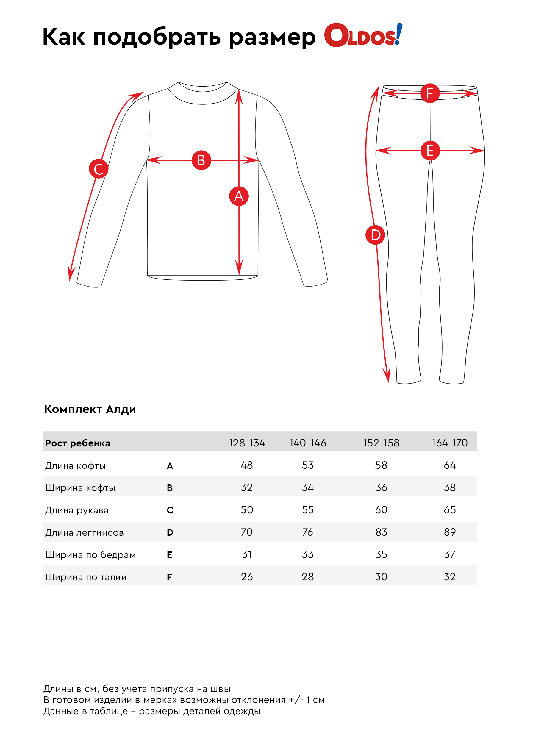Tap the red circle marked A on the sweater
tap(238, 196)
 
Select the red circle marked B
tap(201, 160)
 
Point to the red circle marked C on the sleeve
tap(99, 169)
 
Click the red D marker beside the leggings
tap(375, 235)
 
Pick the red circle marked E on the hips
tap(430, 150)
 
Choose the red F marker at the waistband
tap(429, 93)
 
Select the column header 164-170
tap(449, 443)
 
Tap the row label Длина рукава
tap(77, 510)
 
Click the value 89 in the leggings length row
tap(450, 532)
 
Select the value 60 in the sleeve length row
tap(381, 510)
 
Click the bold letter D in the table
tap(170, 532)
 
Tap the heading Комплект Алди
tap(90, 409)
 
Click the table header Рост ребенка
tap(78, 443)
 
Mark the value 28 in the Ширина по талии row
tap(307, 577)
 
